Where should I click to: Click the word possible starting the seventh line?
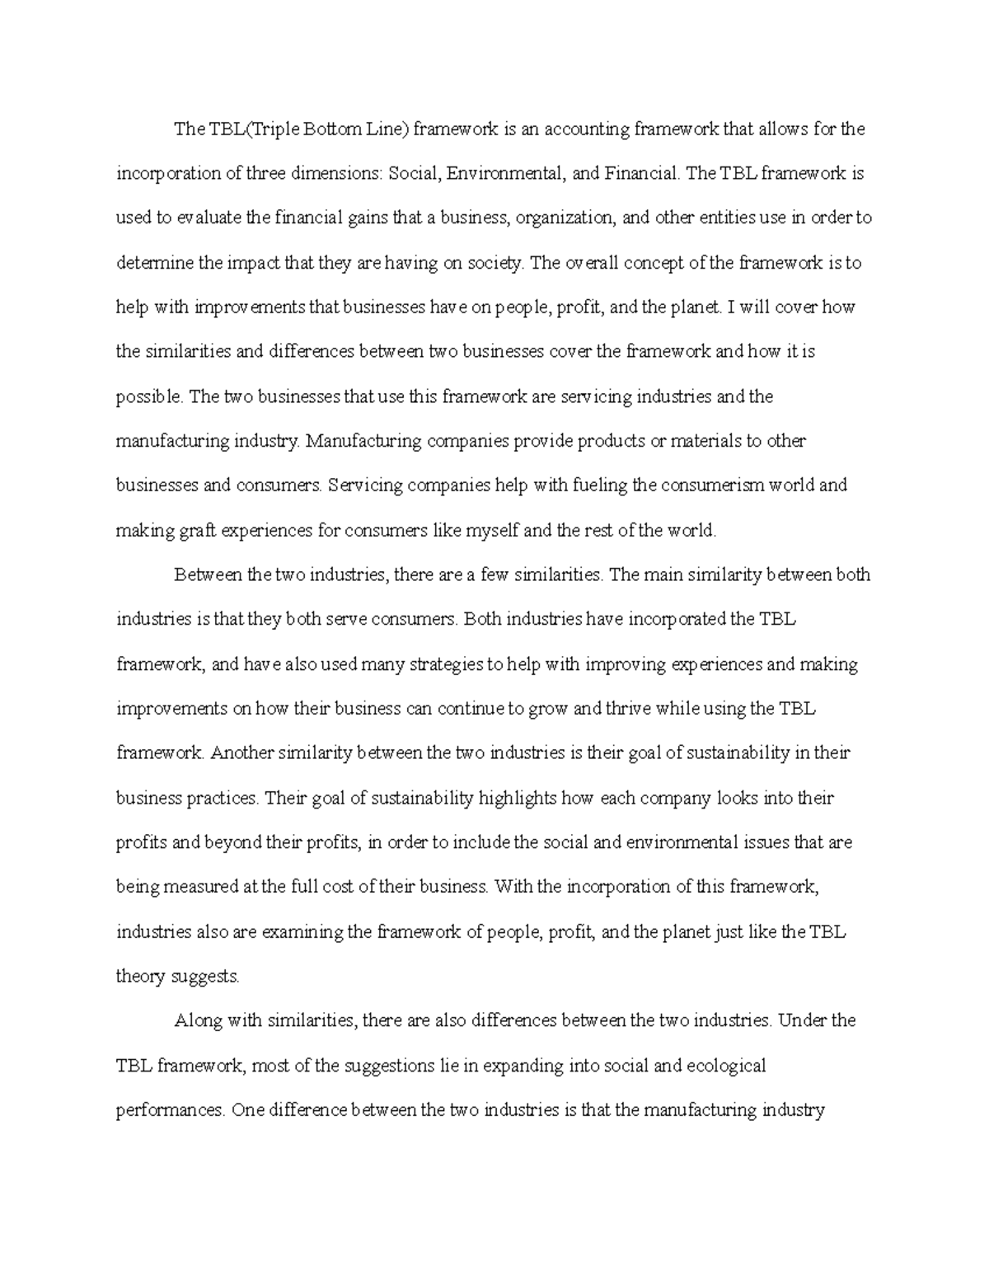coord(150,397)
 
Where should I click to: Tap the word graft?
coord(197,531)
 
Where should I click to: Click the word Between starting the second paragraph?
coord(209,575)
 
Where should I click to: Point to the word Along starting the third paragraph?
coord(198,1021)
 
